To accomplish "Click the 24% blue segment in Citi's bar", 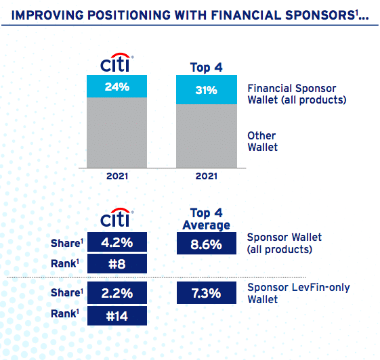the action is [117, 86].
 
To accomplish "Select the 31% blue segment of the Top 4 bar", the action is [207, 89].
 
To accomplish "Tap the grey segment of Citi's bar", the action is [117, 133].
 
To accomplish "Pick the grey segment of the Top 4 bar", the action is [207, 136].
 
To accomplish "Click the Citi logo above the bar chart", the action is [117, 62].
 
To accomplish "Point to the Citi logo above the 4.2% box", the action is [117, 217].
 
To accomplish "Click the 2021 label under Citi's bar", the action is [117, 176].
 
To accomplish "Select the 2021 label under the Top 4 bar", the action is [206, 176].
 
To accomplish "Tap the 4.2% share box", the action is [117, 242].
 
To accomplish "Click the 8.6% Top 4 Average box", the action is [207, 244].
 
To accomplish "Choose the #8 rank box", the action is [117, 264].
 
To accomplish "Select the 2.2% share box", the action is [117, 293].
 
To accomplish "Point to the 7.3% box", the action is [207, 293].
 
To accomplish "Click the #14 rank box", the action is [117, 316].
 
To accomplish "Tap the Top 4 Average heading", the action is [206, 219].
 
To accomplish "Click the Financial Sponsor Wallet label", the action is [297, 94].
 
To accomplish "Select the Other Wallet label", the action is [262, 141].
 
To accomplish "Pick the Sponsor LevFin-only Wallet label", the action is [299, 293].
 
